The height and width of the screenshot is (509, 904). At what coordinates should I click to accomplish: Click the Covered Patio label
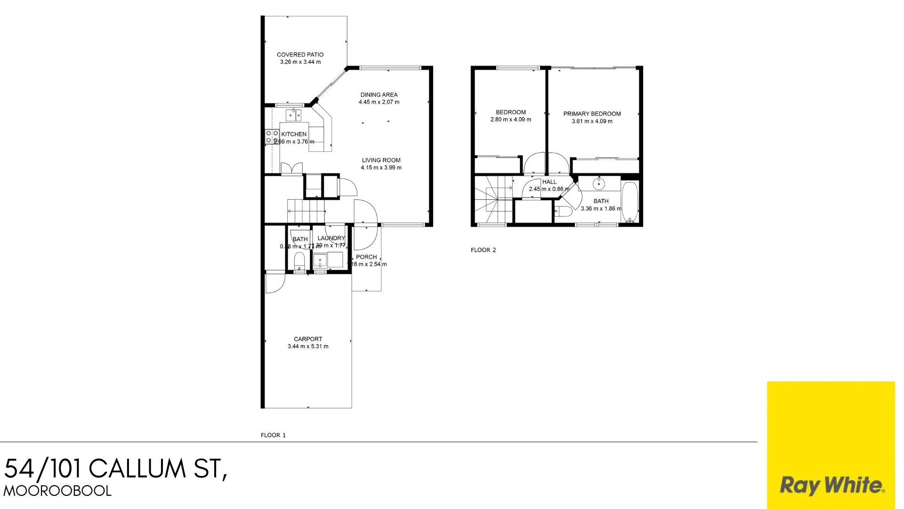click(300, 55)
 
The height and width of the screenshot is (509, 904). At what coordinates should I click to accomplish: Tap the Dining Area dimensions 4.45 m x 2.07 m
click(379, 102)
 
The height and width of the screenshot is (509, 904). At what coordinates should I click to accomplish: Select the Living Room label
click(381, 160)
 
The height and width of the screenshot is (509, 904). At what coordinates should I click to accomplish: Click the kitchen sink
click(294, 115)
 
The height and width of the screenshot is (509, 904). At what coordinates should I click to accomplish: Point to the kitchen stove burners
click(272, 137)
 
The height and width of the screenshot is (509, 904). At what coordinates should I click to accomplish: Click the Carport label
click(308, 339)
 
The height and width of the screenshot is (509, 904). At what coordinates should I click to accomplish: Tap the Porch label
click(366, 257)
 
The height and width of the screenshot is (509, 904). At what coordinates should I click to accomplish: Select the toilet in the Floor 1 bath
click(299, 261)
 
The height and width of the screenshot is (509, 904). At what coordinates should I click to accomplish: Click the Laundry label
click(331, 238)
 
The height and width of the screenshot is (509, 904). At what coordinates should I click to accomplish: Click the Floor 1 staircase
click(306, 211)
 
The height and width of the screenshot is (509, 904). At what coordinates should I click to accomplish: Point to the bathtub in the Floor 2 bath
click(630, 202)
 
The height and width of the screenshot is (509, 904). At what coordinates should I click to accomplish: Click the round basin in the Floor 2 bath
click(598, 184)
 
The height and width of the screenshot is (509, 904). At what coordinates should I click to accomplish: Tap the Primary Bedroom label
click(592, 114)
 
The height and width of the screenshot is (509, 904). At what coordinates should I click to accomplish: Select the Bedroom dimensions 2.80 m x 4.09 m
click(510, 120)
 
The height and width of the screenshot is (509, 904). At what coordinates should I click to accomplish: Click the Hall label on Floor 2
click(549, 181)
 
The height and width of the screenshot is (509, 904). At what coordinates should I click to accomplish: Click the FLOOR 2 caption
click(483, 250)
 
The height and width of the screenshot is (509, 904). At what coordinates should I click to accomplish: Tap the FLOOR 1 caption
click(273, 435)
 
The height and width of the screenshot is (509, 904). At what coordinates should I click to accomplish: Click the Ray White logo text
click(831, 485)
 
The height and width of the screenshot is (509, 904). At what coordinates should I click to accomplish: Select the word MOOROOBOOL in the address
click(57, 491)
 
